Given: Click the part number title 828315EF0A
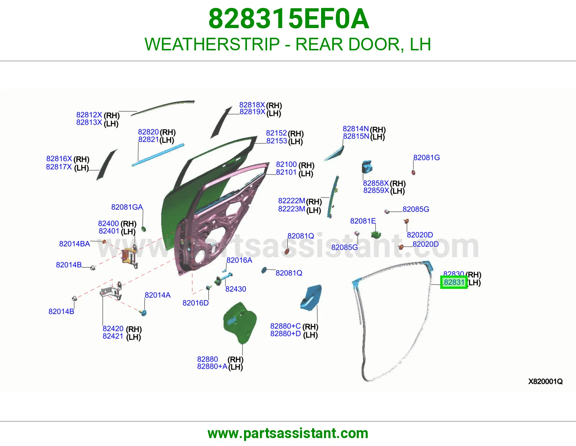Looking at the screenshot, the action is (289, 19).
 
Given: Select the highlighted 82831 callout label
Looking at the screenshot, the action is (454, 282).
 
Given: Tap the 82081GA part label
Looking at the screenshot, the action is (127, 207).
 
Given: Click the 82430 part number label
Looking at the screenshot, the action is (236, 289).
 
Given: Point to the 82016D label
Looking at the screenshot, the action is (195, 303).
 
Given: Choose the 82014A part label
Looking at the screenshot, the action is (157, 295).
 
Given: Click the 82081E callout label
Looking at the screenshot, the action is (363, 221).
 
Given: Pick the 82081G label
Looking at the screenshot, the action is (427, 158).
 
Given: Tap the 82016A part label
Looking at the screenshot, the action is (239, 260).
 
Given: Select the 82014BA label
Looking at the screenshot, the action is (75, 244).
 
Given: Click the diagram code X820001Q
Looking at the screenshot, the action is (545, 381).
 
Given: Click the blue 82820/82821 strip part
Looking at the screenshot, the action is (158, 155).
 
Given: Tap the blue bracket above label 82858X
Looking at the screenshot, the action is (367, 167).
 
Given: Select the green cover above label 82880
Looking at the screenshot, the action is (240, 323).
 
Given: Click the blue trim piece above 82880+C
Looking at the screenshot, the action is (311, 297).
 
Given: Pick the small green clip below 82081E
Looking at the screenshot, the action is (376, 235).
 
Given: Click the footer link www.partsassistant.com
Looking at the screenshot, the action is (288, 433).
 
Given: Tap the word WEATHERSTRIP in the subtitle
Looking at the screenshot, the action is (212, 44).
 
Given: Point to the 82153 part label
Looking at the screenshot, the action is (276, 141).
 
